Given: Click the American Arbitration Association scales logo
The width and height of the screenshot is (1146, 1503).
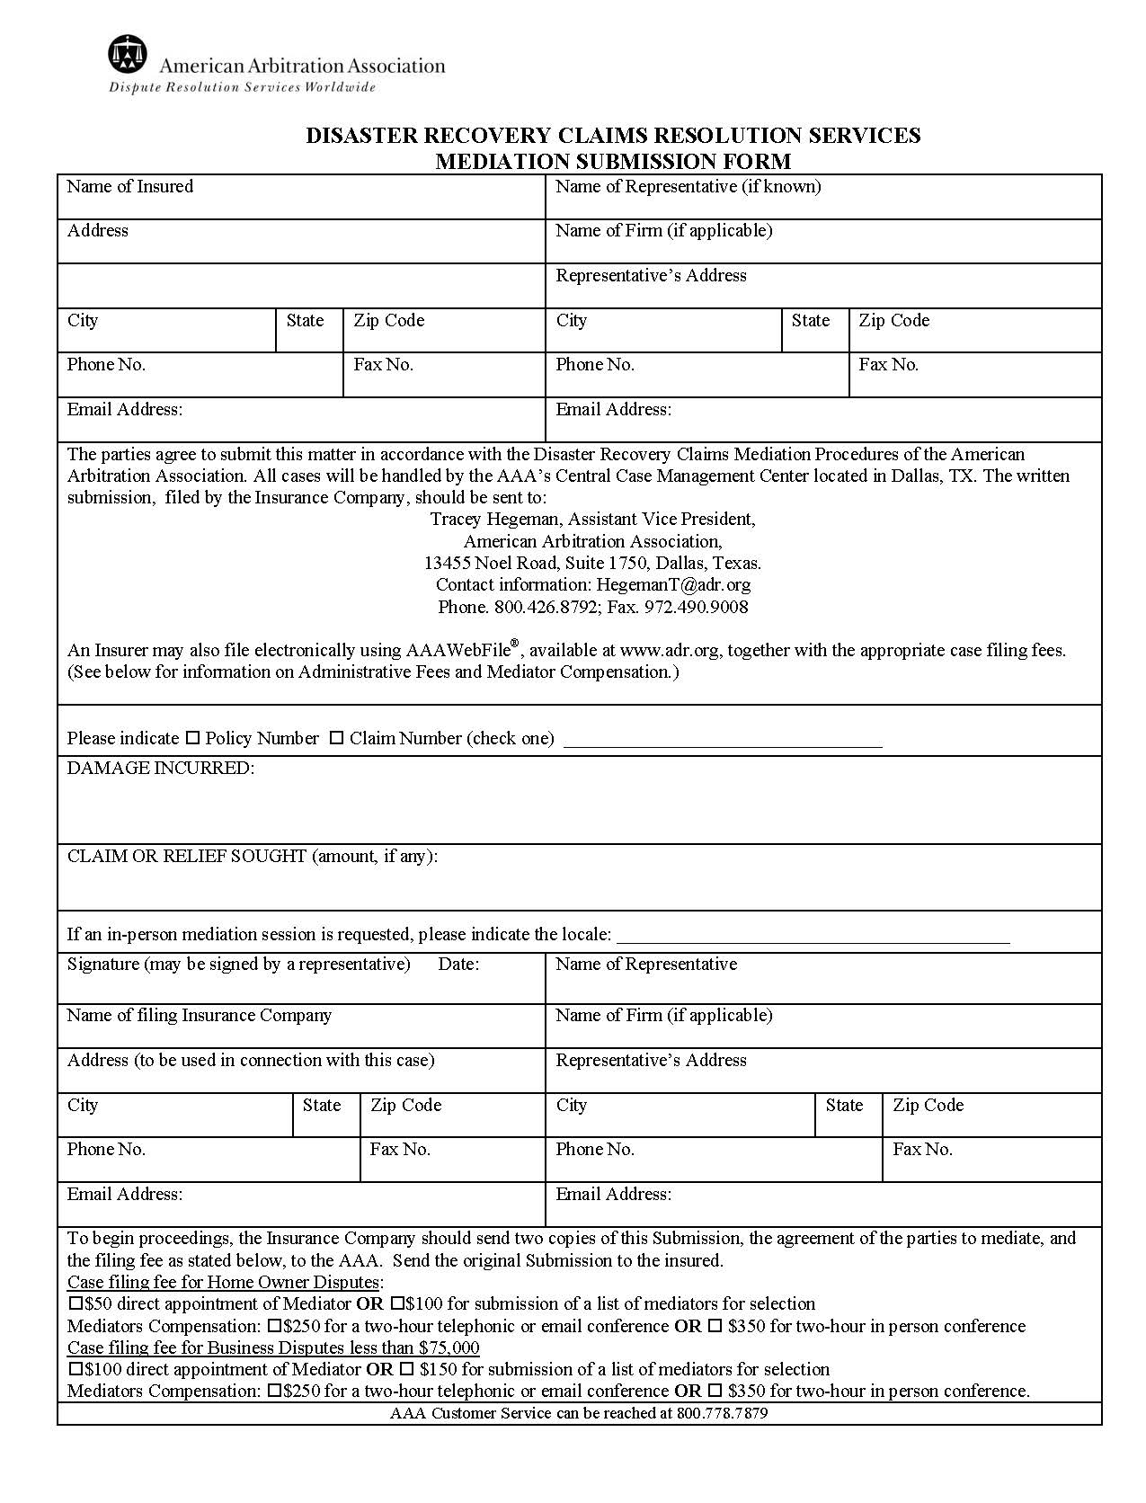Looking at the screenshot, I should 127,55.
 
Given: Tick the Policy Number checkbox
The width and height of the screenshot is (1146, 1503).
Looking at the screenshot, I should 192,738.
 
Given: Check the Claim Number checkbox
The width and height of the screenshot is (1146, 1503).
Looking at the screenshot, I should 336,738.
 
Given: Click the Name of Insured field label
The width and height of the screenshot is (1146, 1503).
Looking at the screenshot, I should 129,186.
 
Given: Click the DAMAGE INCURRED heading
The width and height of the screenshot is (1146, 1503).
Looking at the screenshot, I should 160,768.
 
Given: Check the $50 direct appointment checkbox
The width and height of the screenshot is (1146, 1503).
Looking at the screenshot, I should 76,1303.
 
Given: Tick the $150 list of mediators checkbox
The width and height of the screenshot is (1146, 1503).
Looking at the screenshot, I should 406,1369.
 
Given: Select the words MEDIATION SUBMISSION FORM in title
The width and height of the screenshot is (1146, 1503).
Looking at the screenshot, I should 613,161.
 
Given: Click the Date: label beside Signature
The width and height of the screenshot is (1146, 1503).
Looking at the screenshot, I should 458,964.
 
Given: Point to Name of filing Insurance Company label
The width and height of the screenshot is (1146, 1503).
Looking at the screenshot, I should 199,1015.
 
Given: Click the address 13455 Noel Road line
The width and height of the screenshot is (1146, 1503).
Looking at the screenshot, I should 592,563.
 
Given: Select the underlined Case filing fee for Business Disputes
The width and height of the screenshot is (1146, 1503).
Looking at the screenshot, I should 273,1347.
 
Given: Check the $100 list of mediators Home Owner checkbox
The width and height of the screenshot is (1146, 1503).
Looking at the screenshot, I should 396,1303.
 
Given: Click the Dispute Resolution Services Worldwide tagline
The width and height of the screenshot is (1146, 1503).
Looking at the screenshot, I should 242,87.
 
